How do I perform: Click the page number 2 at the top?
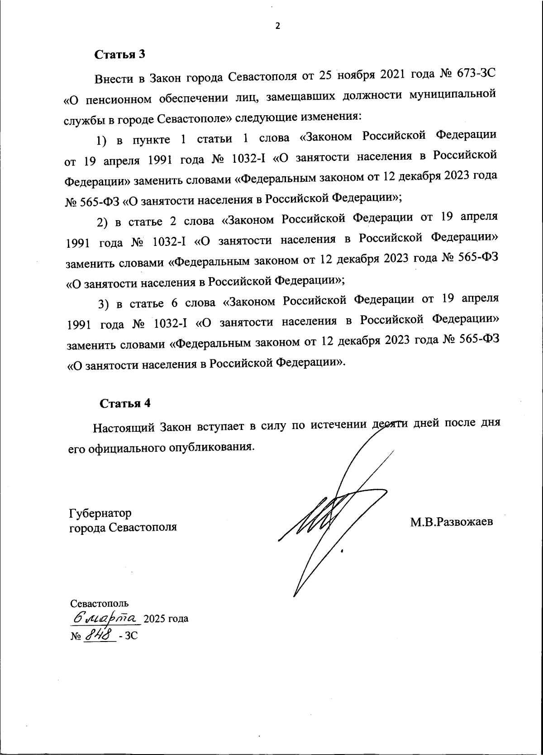278,26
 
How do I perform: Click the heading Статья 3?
119,55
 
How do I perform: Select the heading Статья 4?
124,403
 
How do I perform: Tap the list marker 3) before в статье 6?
105,304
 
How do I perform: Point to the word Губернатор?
100,513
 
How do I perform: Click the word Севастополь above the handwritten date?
99,603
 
